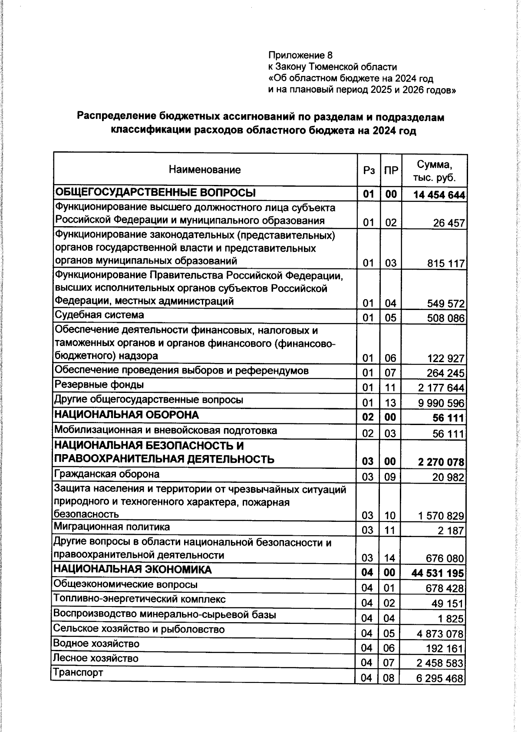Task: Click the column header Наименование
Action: pos(204,170)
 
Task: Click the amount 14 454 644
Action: pos(439,195)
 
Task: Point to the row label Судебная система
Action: pos(99,315)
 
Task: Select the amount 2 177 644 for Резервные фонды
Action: pos(441,388)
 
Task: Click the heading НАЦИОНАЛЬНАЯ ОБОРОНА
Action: pos(126,415)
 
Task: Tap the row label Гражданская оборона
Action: pos(106,474)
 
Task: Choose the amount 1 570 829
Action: pos(441,516)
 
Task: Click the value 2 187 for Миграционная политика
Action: pos(452,531)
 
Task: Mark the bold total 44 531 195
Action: pos(437,573)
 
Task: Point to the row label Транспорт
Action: pos(78,673)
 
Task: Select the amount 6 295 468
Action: pos(439,678)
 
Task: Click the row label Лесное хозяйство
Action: pos(96,658)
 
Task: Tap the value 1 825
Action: pos(452,619)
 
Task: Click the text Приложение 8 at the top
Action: pos(300,55)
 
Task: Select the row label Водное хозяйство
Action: pos(96,643)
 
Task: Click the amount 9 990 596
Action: pos(441,403)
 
